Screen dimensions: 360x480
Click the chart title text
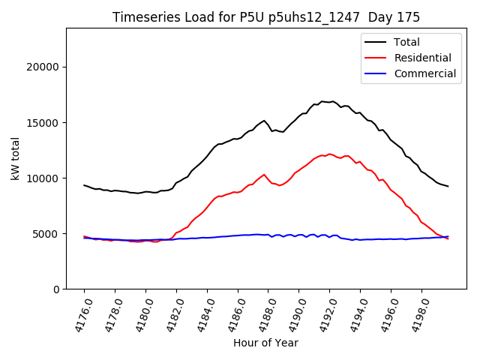click(x=266, y=17)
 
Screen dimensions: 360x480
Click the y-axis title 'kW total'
click(x=16, y=158)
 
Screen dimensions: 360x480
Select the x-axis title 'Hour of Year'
click(x=265, y=343)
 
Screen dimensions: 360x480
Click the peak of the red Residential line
click(x=328, y=154)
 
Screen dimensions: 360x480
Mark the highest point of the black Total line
click(x=322, y=101)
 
